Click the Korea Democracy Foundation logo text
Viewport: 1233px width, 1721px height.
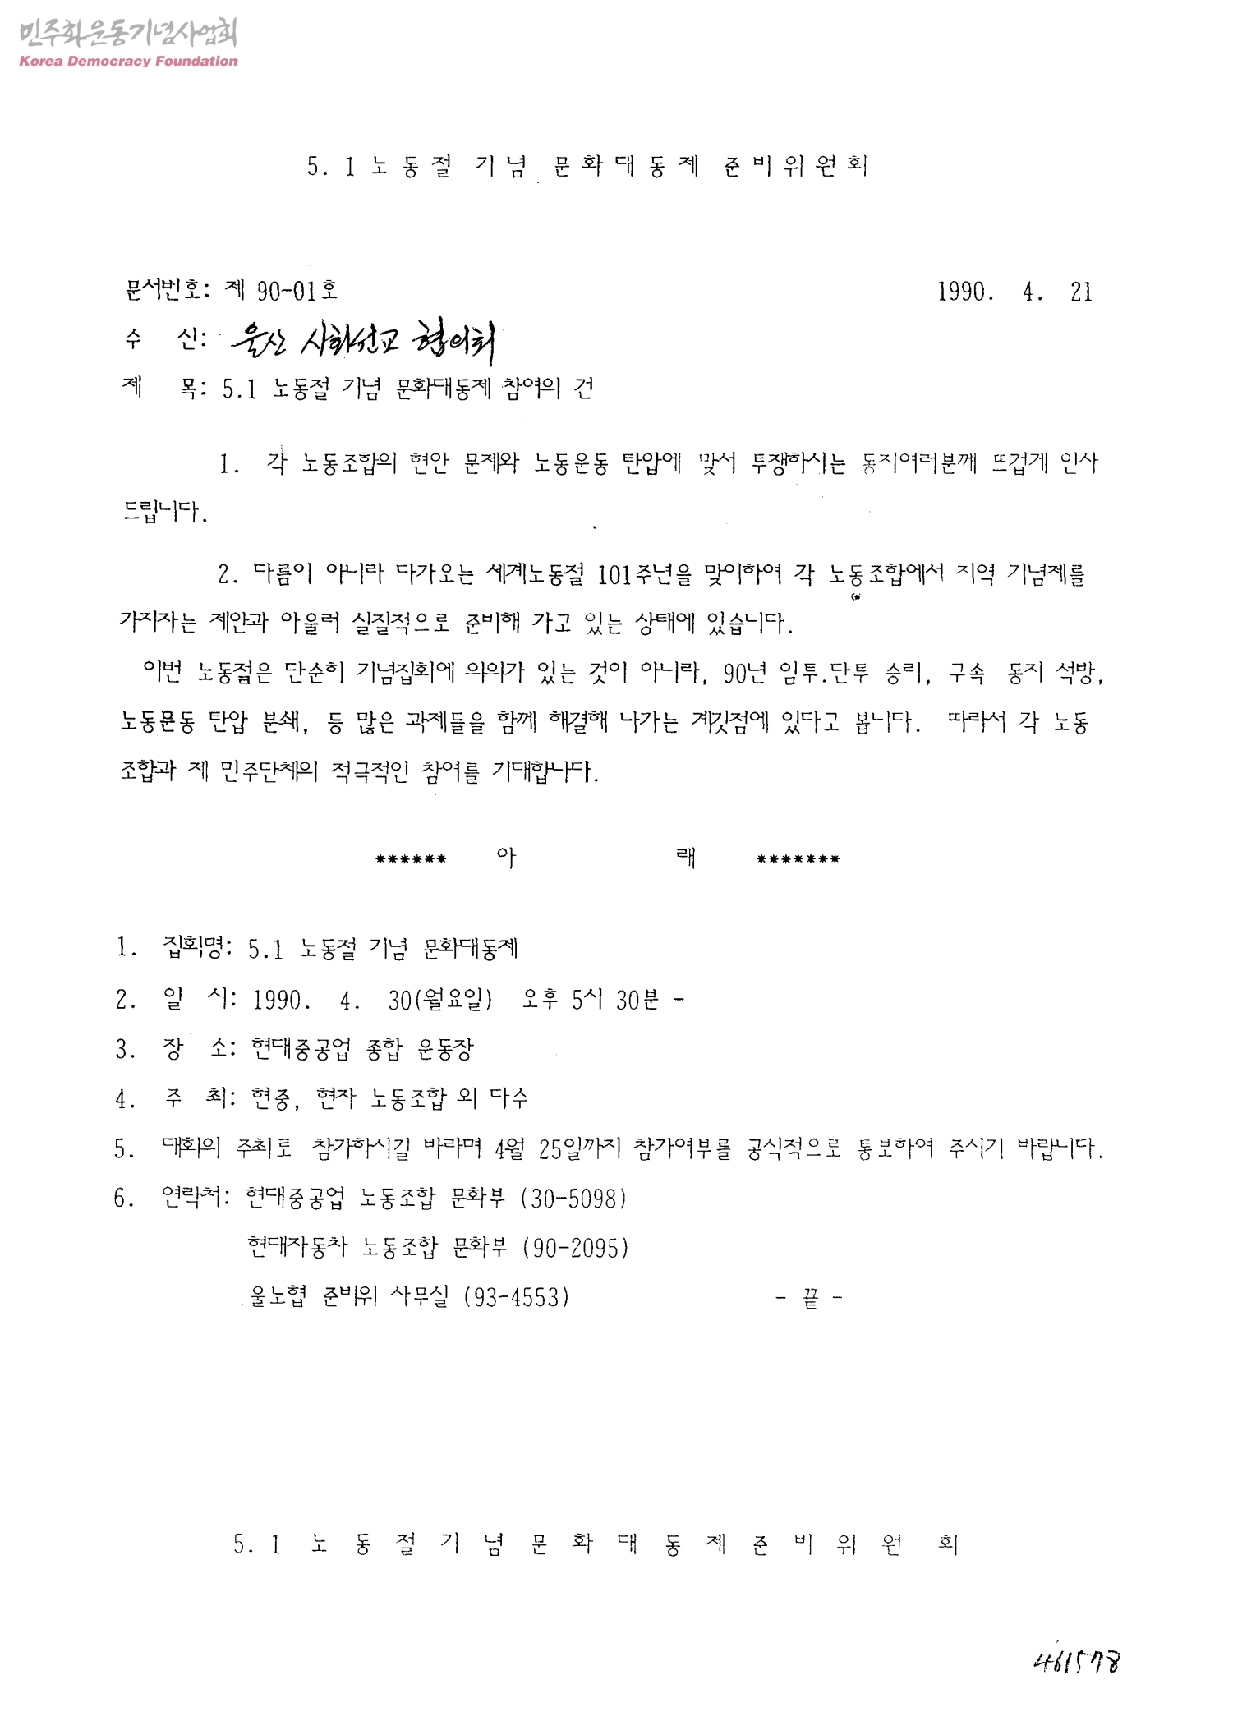click(127, 61)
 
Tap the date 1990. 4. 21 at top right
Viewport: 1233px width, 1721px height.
click(1014, 292)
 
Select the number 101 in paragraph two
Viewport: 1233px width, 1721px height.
click(613, 574)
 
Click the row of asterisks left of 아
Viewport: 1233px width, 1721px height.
click(411, 860)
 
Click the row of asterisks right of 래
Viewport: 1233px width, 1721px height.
click(798, 860)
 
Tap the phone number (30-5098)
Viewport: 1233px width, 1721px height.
click(574, 1199)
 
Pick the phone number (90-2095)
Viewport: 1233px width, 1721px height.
click(576, 1248)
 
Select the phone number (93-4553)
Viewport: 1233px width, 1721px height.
click(517, 1297)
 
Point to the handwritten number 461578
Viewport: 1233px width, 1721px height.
click(1078, 1662)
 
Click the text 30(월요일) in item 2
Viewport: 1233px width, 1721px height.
click(440, 1000)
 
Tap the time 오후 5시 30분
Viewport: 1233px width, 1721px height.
click(591, 1000)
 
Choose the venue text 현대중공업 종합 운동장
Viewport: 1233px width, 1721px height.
click(362, 1049)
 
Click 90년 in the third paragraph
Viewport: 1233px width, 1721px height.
click(744, 674)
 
